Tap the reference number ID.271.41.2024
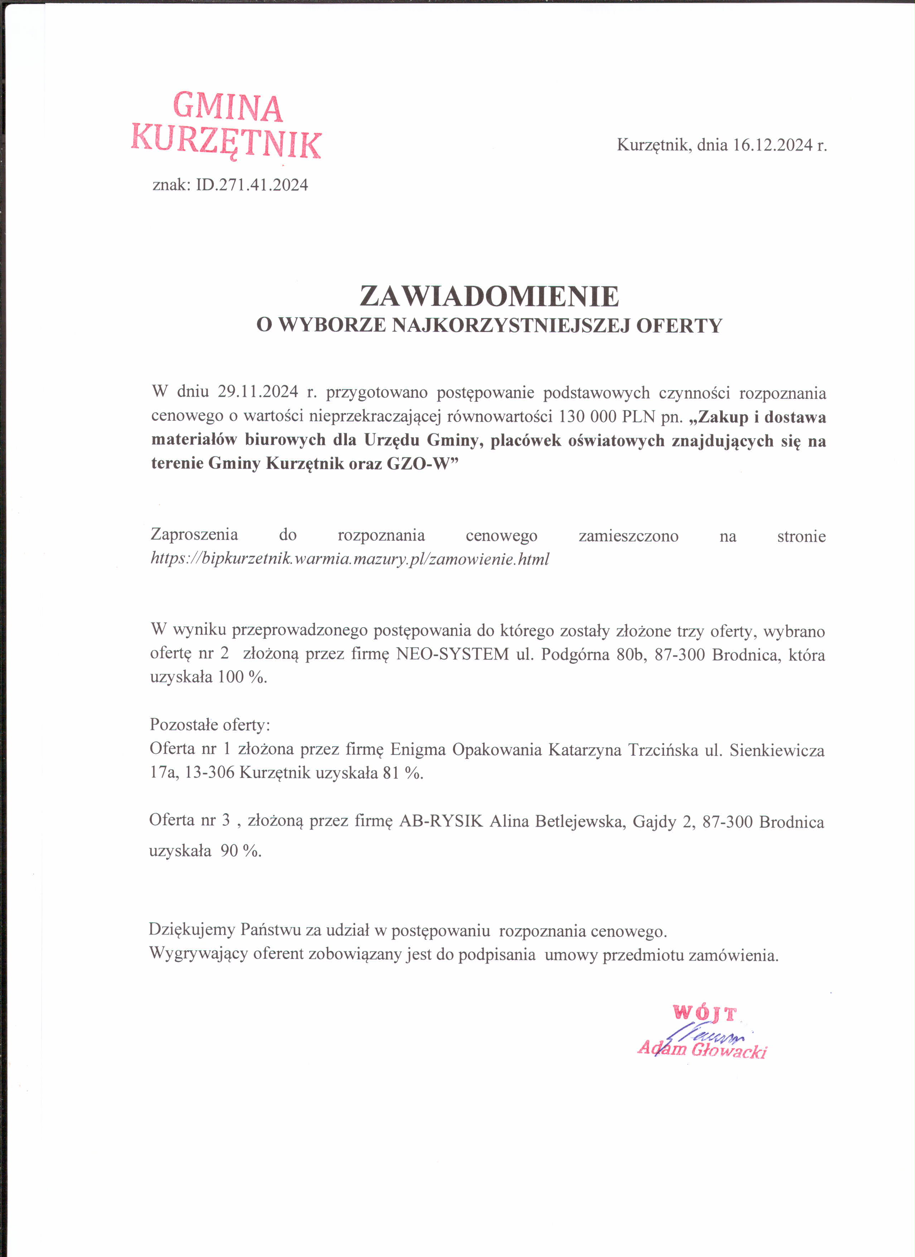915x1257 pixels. pos(252,185)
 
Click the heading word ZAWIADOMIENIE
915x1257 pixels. pos(489,296)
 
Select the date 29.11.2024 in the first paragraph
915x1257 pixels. pos(258,392)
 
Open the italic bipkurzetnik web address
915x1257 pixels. pos(350,559)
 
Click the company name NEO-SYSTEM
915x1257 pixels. pos(452,654)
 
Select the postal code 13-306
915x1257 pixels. pos(209,773)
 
